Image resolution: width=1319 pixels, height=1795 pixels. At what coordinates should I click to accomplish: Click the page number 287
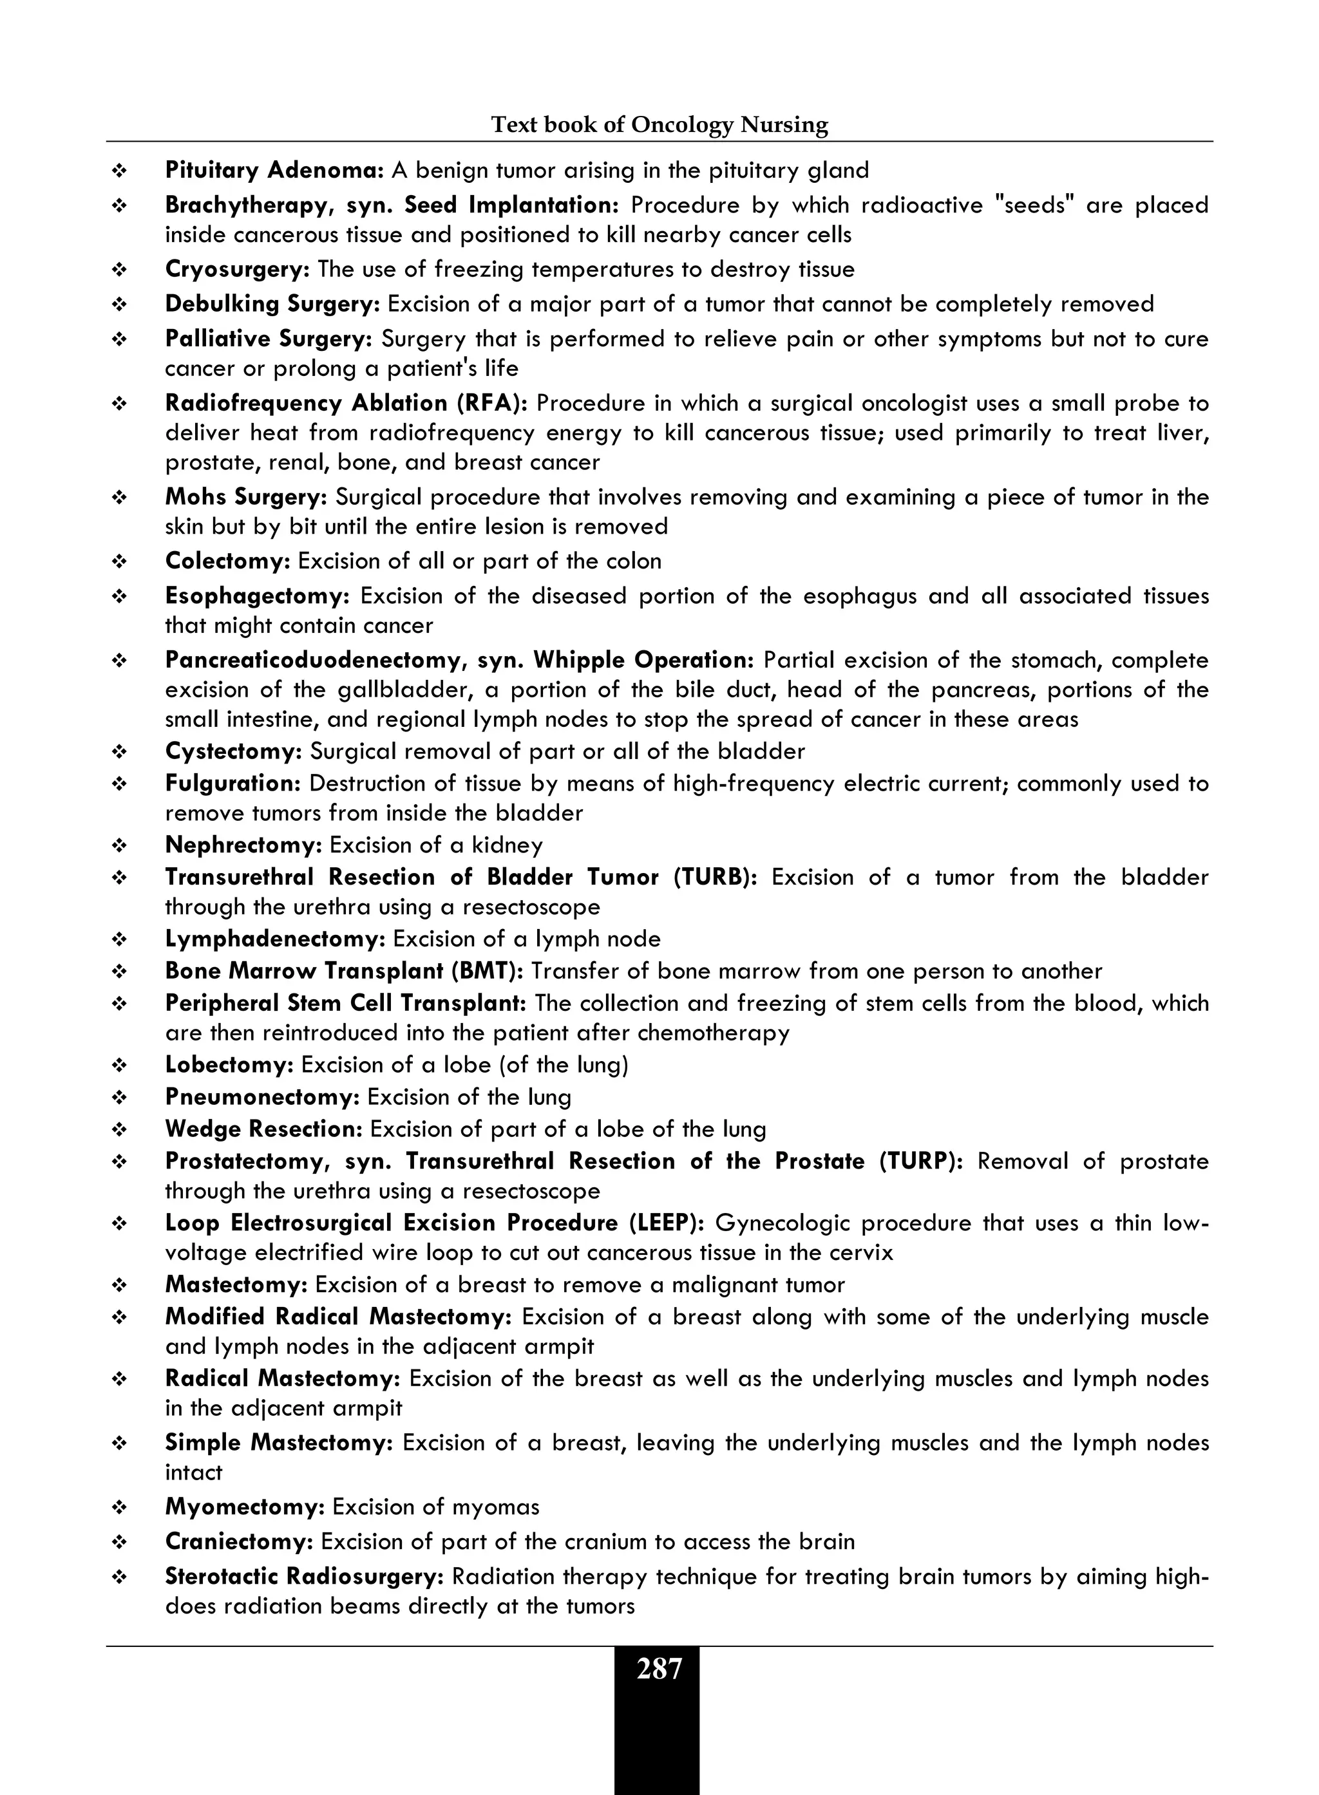(x=659, y=1669)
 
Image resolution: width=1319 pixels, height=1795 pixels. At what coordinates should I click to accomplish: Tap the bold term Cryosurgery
(x=236, y=270)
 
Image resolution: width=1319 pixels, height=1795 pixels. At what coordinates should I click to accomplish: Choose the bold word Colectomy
(x=227, y=561)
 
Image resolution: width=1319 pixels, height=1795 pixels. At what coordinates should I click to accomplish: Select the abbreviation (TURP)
(x=920, y=1161)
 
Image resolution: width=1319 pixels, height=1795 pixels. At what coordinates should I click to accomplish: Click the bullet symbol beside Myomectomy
(x=120, y=1508)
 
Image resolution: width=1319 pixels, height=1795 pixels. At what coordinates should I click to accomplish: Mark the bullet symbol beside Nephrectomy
(x=120, y=846)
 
